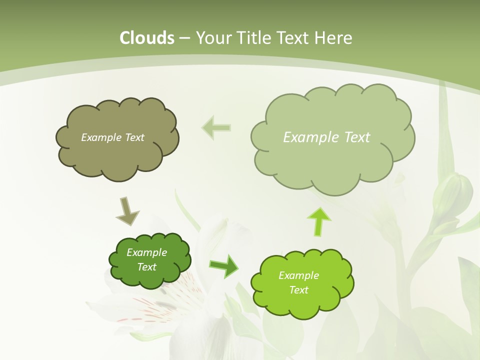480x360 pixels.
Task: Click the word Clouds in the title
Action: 147,38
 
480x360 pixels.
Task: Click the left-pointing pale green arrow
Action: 216,127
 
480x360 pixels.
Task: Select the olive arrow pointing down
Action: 127,210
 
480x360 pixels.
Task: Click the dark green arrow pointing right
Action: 223,266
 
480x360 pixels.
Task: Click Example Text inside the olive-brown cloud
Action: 112,137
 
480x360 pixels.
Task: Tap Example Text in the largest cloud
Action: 326,137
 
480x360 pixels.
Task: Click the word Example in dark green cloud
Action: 146,252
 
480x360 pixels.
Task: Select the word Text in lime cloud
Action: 298,290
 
